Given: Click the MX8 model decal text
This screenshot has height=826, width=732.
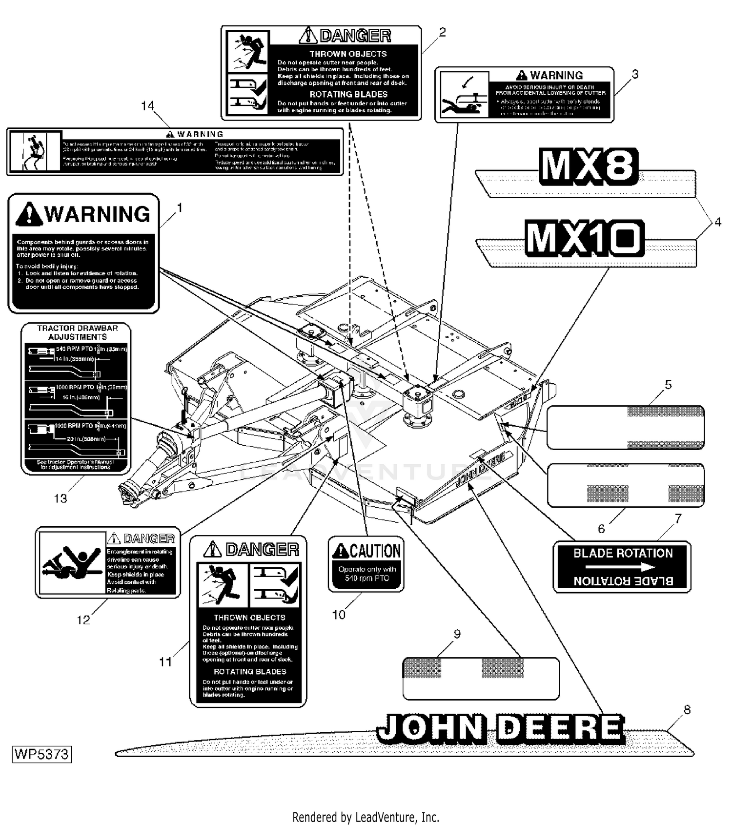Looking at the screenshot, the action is coord(588,167).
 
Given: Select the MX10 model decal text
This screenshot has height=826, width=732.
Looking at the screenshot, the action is coord(584,239).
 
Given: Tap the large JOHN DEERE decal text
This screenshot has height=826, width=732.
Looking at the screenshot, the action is coord(501,728).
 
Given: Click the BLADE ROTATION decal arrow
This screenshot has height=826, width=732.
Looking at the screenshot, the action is coord(620,567).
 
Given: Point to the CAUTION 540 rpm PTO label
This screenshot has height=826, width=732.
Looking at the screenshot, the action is coord(366,564).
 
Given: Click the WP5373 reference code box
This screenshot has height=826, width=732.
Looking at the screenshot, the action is coord(42,754).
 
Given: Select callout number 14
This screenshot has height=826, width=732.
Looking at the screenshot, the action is coord(147,106).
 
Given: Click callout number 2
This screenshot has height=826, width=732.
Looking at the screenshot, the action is coord(442,32).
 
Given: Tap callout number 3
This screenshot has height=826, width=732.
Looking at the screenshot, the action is coord(635,74).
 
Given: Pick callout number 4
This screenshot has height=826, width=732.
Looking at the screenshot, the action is coord(717,222).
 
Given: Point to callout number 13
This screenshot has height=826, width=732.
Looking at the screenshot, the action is coord(61,498).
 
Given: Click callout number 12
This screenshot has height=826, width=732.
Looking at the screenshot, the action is coord(83,619).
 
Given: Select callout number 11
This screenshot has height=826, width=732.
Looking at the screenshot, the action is coord(165,661).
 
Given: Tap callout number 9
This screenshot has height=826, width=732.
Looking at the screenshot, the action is coord(457,634).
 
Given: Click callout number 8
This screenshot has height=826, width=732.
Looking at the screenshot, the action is coord(687,709).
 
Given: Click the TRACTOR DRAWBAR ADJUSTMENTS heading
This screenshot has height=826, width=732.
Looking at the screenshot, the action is coord(78,332).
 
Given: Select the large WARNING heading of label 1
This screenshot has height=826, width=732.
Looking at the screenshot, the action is coord(83,214).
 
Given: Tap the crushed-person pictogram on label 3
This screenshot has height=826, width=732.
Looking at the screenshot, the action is coord(463,95).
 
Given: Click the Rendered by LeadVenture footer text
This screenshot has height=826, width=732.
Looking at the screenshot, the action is coord(366,817).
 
